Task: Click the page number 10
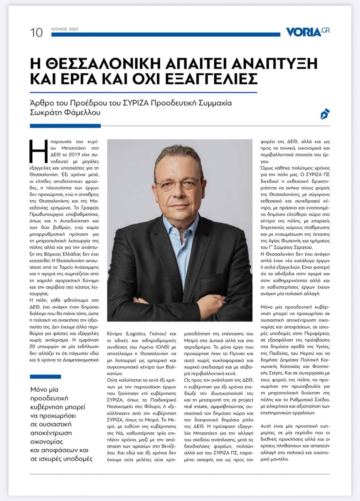point(37,32)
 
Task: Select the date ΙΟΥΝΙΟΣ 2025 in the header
point(65,29)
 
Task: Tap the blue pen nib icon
point(325,114)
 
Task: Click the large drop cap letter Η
point(37,151)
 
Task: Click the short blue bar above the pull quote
point(45,377)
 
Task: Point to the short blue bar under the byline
point(65,126)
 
